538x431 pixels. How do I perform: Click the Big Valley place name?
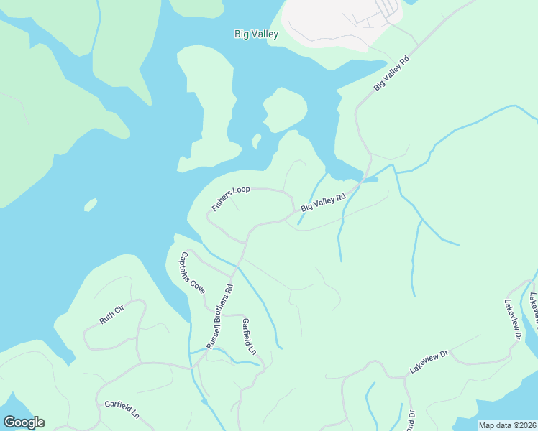point(256,34)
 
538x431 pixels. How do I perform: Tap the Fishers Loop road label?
point(230,198)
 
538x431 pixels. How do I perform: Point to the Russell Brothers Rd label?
point(220,318)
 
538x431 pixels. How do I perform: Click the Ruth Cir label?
point(112,315)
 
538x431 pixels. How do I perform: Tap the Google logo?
point(24,422)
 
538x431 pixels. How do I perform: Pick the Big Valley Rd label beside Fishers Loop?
point(324,201)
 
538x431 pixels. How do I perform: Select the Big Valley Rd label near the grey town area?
point(391,74)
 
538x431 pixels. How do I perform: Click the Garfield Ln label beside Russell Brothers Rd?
point(249,336)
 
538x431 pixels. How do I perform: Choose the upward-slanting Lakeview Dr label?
point(429,361)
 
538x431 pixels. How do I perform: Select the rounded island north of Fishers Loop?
point(286,109)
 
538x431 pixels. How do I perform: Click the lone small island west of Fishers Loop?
point(90,205)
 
